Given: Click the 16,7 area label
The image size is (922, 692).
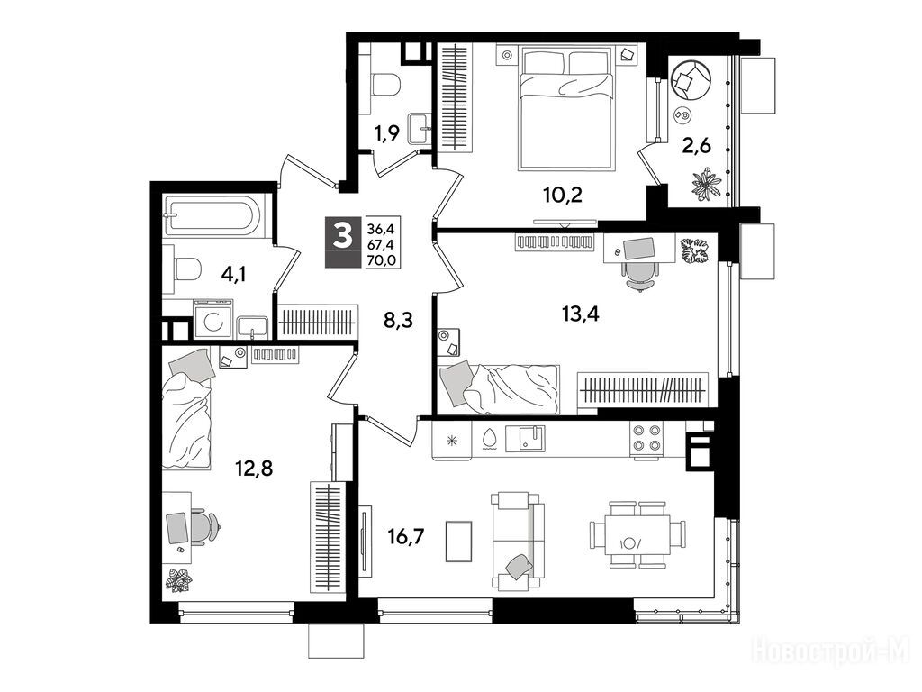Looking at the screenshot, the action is [406, 537].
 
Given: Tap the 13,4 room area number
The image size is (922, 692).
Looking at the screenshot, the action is [581, 314].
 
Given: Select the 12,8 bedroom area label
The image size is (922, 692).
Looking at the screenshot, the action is [254, 469].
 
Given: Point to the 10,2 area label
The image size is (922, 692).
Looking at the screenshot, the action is [563, 195].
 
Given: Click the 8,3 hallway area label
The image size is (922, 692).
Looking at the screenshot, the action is [398, 321].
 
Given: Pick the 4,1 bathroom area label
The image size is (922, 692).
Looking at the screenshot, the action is [233, 274].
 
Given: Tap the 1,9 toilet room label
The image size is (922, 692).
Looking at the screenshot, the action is [387, 134].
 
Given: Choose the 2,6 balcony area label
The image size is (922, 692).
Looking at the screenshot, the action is [696, 145].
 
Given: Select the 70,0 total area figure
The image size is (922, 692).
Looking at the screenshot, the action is [382, 259].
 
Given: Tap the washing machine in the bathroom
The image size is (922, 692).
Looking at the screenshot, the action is [212, 320].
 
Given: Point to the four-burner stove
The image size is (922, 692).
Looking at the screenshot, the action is [646, 439].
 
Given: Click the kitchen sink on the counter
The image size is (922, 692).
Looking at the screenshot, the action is [523, 439].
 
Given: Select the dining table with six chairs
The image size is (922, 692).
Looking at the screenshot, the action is [637, 535].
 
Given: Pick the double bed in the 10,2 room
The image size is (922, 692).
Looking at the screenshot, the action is [567, 111].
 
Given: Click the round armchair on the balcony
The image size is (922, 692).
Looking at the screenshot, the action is [691, 79].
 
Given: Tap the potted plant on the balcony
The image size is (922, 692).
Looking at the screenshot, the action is [706, 184].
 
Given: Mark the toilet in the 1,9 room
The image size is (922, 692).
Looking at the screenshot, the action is [385, 84].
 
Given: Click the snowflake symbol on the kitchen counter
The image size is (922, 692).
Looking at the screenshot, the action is [452, 440].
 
